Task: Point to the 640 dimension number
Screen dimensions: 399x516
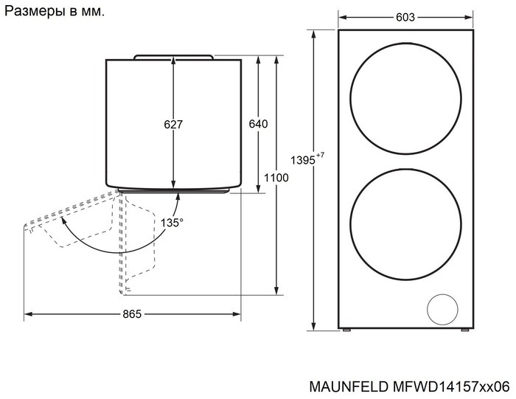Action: pyautogui.click(x=257, y=124)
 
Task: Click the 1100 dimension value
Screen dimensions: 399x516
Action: pyautogui.click(x=276, y=178)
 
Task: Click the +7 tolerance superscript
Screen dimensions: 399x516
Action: pyautogui.click(x=320, y=155)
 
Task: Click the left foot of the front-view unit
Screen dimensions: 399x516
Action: pyautogui.click(x=346, y=331)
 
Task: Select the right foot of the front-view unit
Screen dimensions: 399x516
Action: pyautogui.click(x=464, y=331)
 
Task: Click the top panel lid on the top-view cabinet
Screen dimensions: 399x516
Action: pyautogui.click(x=174, y=56)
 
